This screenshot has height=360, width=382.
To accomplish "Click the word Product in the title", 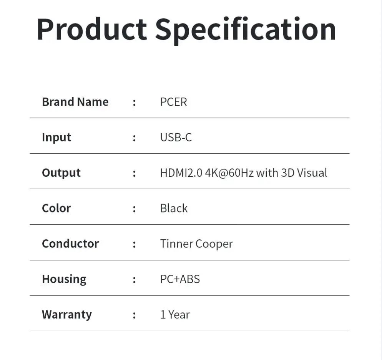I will pyautogui.click(x=91, y=29).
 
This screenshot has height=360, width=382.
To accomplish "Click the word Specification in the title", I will pyautogui.click(x=246, y=29).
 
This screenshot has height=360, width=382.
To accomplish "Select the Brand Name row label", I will pyautogui.click(x=75, y=102).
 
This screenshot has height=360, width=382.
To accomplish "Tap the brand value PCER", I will pyautogui.click(x=173, y=102).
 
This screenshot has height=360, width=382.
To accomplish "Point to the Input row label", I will pyautogui.click(x=56, y=137).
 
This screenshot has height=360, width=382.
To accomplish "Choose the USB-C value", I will pyautogui.click(x=176, y=137).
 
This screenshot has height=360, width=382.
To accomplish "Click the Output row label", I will pyautogui.click(x=61, y=173).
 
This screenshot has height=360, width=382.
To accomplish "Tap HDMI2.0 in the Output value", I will pyautogui.click(x=181, y=173).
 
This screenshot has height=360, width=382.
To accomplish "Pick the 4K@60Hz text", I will pyautogui.click(x=229, y=173).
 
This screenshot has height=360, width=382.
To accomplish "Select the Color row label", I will pyautogui.click(x=56, y=208).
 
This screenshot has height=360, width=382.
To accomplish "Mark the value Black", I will pyautogui.click(x=174, y=208).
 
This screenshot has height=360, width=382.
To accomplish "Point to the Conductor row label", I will pyautogui.click(x=70, y=244).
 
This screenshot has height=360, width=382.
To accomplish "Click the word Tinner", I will pyautogui.click(x=176, y=244).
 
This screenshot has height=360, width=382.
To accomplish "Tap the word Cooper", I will pyautogui.click(x=214, y=244).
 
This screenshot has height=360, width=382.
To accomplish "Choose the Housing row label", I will pyautogui.click(x=64, y=279).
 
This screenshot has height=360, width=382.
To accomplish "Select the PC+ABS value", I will pyautogui.click(x=180, y=279).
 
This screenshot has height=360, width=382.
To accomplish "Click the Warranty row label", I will pyautogui.click(x=67, y=314).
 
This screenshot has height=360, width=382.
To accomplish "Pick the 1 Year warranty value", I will pyautogui.click(x=175, y=314).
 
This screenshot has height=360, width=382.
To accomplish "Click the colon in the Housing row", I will pyautogui.click(x=134, y=280).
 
